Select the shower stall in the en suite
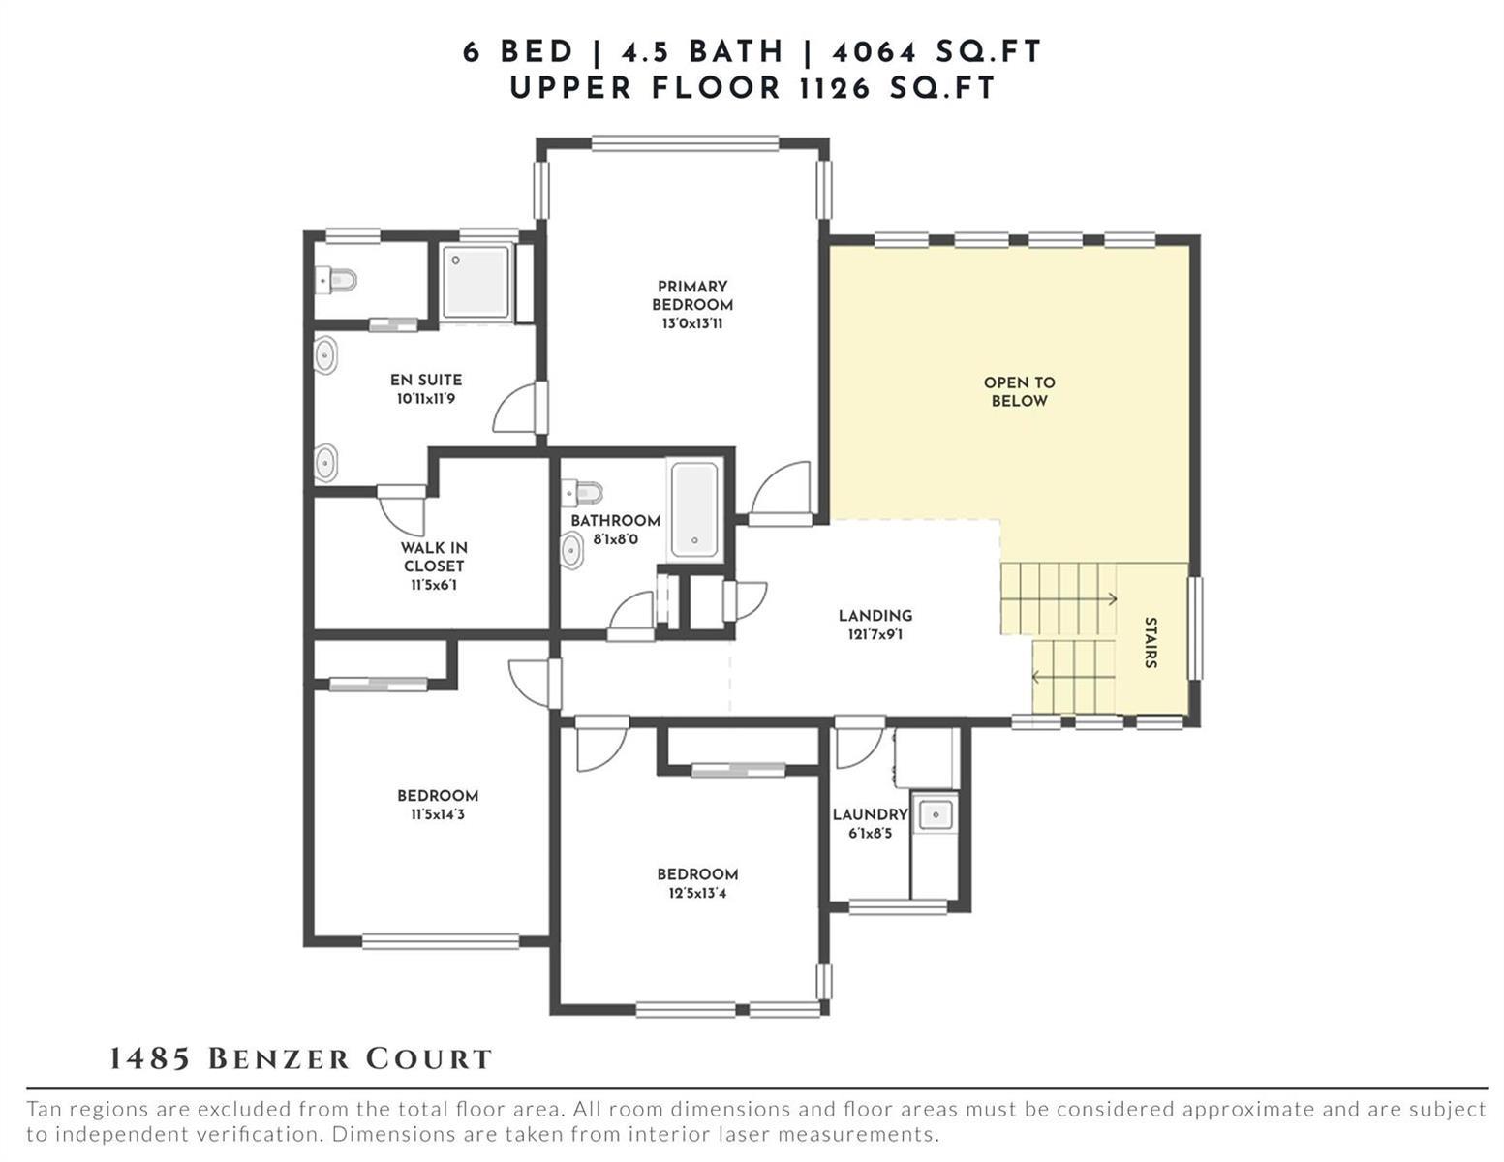point(476,283)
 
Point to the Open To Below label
point(1019,391)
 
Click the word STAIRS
point(1151,642)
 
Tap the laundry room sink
point(936,814)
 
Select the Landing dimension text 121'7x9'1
point(875,634)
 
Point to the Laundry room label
point(870,814)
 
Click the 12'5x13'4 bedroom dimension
point(697,893)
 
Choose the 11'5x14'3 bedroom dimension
point(438,814)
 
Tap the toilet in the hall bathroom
point(583,493)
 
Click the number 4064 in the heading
point(875,52)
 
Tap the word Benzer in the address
point(279,1059)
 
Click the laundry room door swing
point(860,744)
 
